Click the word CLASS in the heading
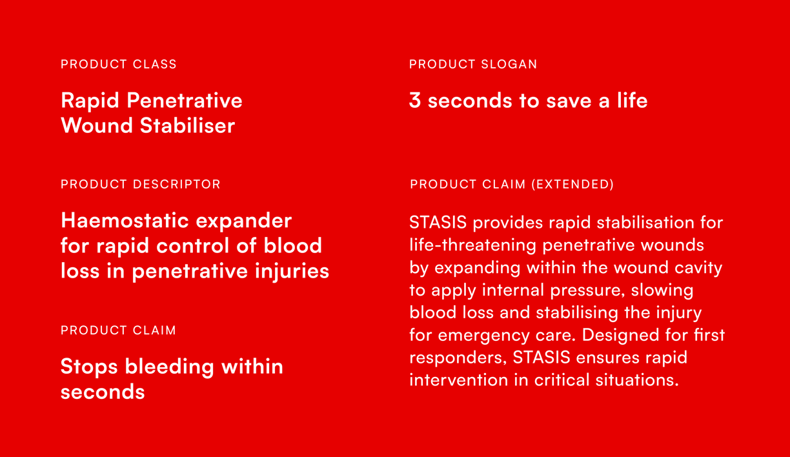pos(154,64)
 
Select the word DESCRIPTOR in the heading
pos(177,184)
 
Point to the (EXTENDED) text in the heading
pos(572,184)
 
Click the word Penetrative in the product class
pos(185,101)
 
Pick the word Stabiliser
pos(187,125)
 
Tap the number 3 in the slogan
pos(415,101)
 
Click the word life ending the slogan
pos(632,100)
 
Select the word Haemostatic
pos(125,221)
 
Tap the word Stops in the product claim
pos(89,367)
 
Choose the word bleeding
pos(169,367)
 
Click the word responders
pos(458,358)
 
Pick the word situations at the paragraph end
pos(637,380)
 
